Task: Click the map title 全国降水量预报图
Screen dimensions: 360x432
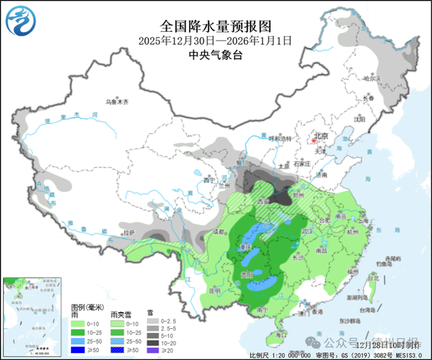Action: [x=215, y=26]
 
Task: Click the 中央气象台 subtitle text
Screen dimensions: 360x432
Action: [x=215, y=55]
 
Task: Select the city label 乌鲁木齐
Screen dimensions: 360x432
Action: [x=116, y=102]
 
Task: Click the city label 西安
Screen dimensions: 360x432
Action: [x=261, y=200]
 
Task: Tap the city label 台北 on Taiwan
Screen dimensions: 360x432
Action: [x=371, y=278]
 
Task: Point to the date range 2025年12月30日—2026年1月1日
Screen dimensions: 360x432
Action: [x=215, y=41]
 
